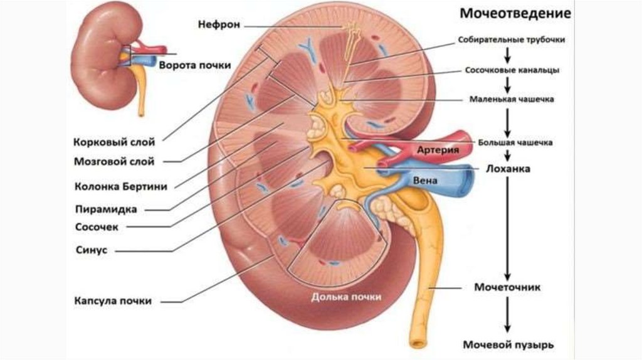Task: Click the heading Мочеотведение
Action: click(515, 13)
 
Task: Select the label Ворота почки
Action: click(195, 65)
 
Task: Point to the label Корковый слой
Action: click(114, 142)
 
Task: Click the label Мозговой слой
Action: click(114, 162)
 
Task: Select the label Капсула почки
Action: click(112, 301)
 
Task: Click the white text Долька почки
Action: click(346, 297)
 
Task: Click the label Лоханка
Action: click(508, 169)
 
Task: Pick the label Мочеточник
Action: click(507, 287)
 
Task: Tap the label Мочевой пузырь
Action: click(508, 345)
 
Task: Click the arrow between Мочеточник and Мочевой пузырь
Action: click(508, 316)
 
